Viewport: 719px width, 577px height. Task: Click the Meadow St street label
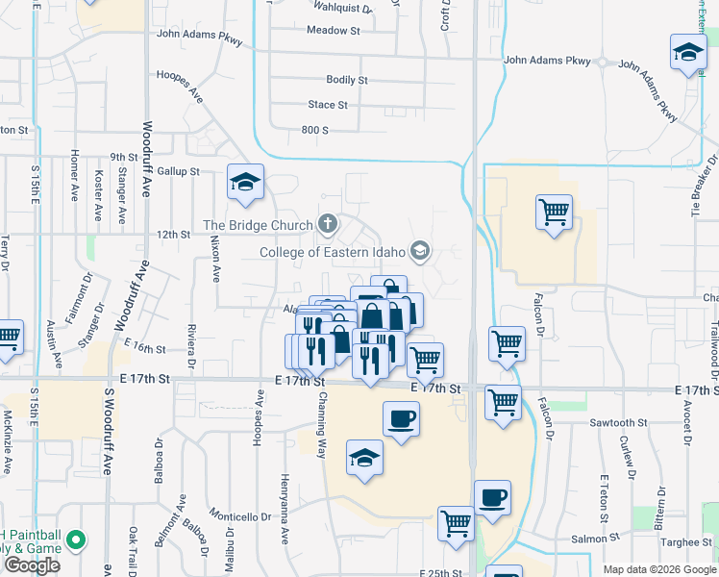pyautogui.click(x=333, y=31)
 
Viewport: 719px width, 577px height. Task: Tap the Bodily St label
pyautogui.click(x=347, y=80)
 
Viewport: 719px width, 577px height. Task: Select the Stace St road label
pyautogui.click(x=328, y=105)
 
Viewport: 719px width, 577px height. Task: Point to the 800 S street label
pyautogui.click(x=314, y=130)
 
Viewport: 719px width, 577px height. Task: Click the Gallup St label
pyautogui.click(x=178, y=171)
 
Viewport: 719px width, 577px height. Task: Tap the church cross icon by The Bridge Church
pyautogui.click(x=328, y=226)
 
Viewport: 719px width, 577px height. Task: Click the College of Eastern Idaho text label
pyautogui.click(x=333, y=253)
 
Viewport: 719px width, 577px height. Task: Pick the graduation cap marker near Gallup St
pyautogui.click(x=245, y=181)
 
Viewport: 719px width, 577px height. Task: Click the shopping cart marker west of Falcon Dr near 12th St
pyautogui.click(x=554, y=211)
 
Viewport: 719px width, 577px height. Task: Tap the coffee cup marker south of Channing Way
pyautogui.click(x=401, y=418)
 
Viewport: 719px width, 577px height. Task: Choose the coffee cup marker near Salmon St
pyautogui.click(x=492, y=497)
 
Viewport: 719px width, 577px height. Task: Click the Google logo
pyautogui.click(x=32, y=565)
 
